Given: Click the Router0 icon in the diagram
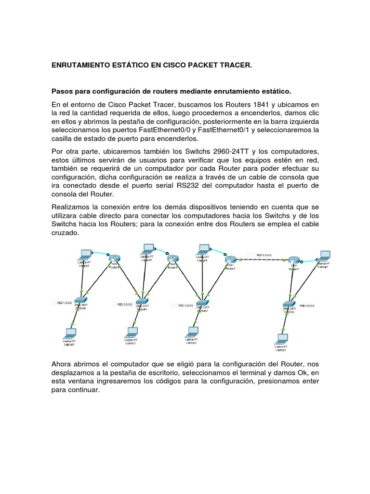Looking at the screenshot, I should tap(115, 258).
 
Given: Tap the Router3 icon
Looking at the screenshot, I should tap(294, 260).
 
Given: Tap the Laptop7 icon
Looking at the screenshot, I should tap(325, 255).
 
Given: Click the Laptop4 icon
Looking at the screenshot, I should tap(86, 254).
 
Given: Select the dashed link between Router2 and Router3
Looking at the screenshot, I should tap(262, 260).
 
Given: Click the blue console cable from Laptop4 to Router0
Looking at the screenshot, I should tap(100, 253).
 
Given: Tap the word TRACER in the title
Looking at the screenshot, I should tap(235, 65).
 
